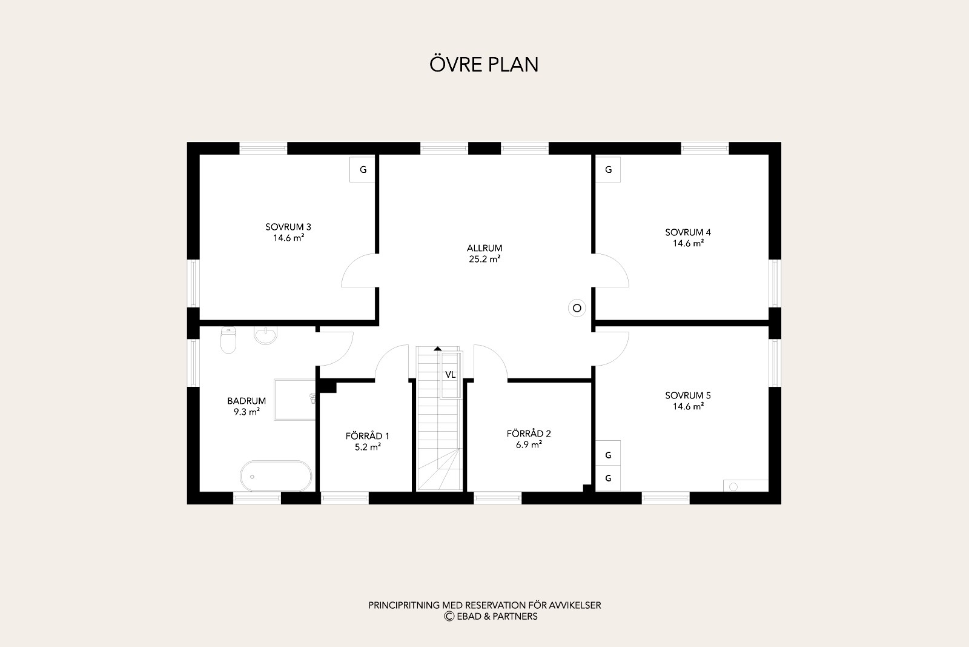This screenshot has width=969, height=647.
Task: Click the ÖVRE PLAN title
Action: (x=484, y=64)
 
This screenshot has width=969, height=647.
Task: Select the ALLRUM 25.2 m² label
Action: (x=484, y=253)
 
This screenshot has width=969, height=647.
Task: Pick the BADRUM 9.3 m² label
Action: (x=246, y=406)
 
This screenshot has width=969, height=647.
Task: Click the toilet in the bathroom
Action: (x=228, y=340)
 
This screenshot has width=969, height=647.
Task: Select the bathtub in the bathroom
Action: (x=276, y=476)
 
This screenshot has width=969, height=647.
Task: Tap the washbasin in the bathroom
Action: (x=265, y=335)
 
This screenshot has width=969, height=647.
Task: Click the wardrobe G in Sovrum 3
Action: (x=363, y=169)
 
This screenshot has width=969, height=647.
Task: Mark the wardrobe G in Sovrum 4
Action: (x=608, y=169)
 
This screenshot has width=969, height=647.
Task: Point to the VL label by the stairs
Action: (x=451, y=375)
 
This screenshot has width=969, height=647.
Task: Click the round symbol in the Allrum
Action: (x=577, y=308)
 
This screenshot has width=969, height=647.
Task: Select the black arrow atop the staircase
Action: (x=438, y=348)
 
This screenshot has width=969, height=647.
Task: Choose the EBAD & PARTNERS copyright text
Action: (x=491, y=616)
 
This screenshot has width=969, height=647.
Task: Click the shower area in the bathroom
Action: (x=295, y=399)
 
